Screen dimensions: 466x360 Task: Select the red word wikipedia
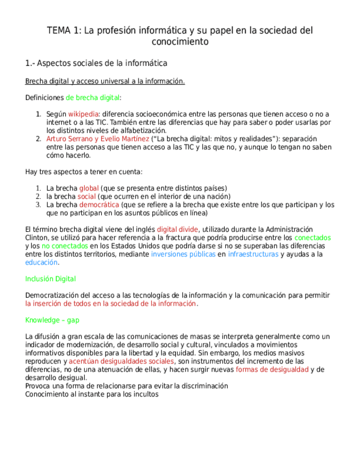[x=79, y=114]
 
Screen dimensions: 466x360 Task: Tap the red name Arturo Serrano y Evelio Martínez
[x=97, y=139]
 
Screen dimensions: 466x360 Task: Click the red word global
[x=88, y=188]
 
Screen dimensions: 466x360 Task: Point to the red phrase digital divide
[x=178, y=230]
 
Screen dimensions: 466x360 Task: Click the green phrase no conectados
[x=64, y=246]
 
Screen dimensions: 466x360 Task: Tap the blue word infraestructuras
[x=253, y=254]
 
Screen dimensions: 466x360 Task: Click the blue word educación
[x=41, y=263]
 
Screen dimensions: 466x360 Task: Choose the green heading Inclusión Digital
[x=51, y=279]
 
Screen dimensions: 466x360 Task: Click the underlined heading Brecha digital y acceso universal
[x=104, y=81]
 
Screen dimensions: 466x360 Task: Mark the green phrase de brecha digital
[x=93, y=98]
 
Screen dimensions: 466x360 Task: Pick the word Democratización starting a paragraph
[x=51, y=296]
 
